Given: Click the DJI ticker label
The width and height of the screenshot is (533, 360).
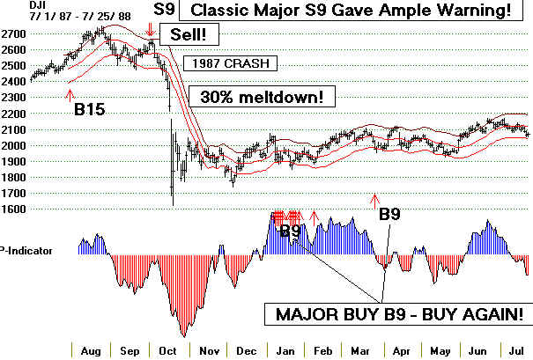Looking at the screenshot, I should click(x=13, y=6).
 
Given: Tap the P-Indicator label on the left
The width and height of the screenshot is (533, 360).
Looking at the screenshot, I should click(x=26, y=251).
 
